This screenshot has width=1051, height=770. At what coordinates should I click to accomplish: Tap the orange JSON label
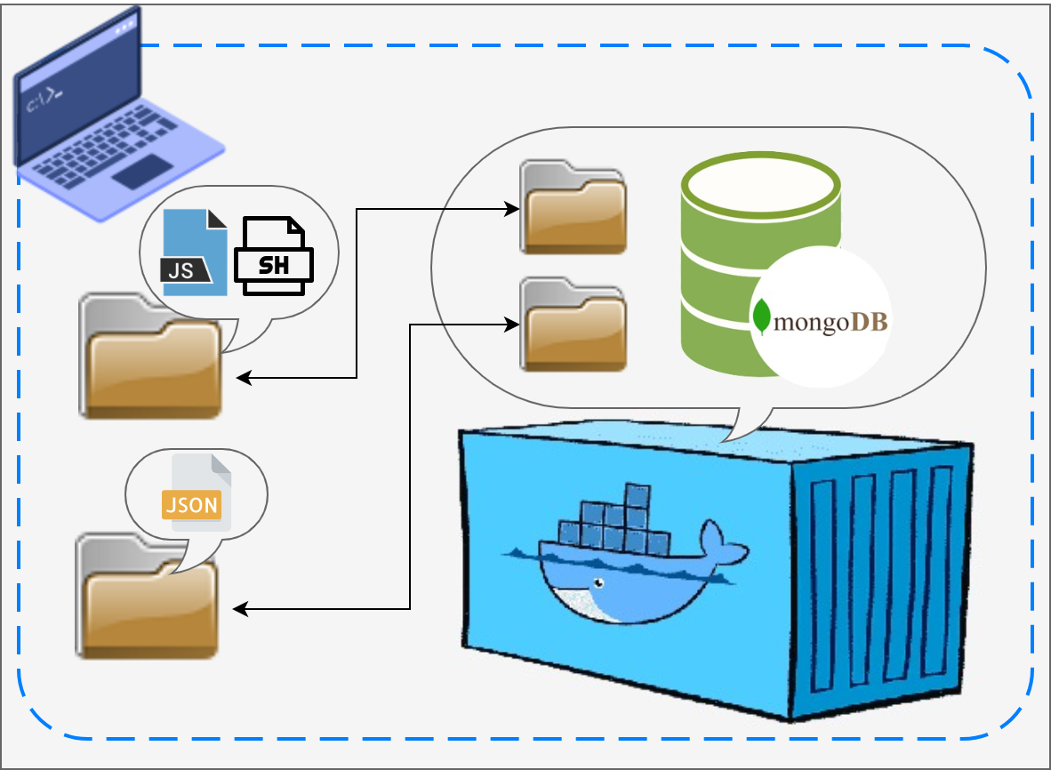tap(190, 505)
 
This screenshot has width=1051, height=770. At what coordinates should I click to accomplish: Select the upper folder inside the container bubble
tap(574, 208)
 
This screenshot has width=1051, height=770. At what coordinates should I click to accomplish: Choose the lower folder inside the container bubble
tap(574, 325)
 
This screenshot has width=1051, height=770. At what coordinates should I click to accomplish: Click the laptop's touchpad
tap(141, 171)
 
